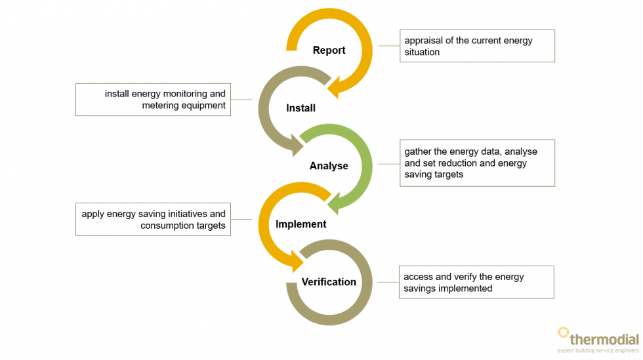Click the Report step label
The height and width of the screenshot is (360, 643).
pos(329,50)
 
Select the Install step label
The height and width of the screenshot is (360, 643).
pos(301,108)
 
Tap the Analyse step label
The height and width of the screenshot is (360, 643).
pos(329,166)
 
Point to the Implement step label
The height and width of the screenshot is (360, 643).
pos(301,224)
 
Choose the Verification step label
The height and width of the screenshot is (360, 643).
pos(329,282)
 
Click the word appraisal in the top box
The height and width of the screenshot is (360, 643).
pos(425,41)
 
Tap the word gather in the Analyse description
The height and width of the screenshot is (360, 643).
pos(418,151)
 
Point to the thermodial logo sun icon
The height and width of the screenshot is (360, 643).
pos(563,334)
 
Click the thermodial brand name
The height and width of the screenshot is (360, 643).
pos(604,340)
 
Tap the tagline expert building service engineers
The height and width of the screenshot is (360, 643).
pos(598,352)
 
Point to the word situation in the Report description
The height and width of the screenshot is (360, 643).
pos(422,52)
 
